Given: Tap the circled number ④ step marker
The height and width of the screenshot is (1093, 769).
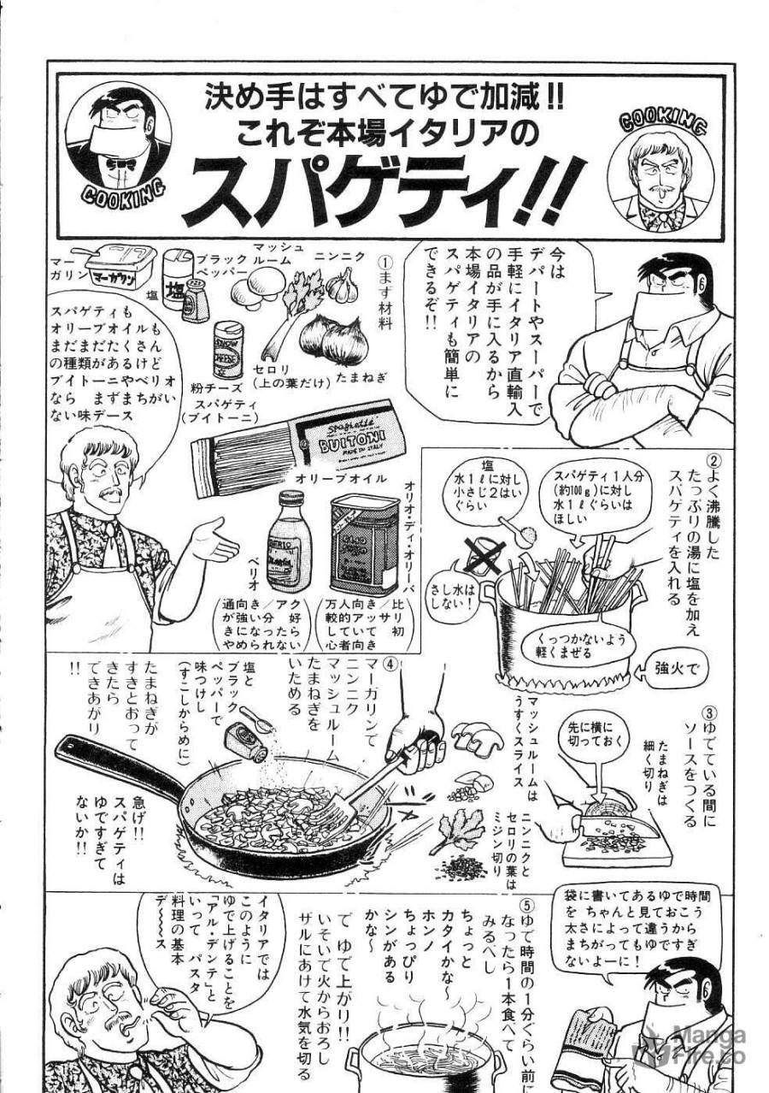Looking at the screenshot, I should (x=390, y=663).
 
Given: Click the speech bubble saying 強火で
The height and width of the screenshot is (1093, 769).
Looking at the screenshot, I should (x=680, y=668).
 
